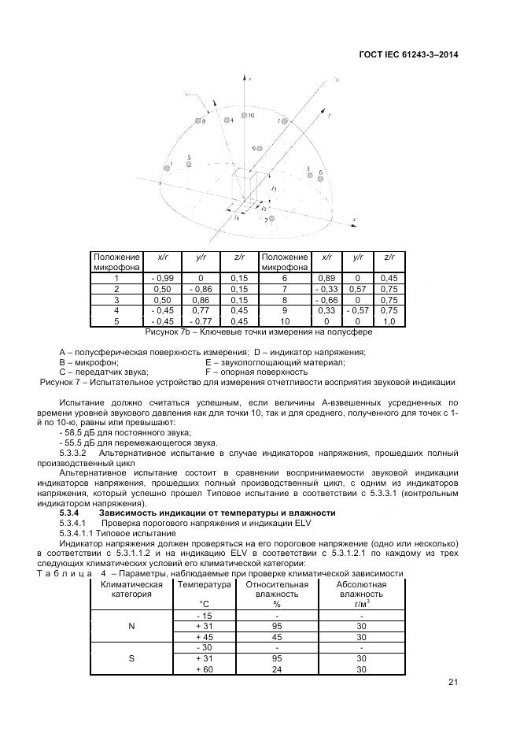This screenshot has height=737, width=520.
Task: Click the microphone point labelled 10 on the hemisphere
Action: (243, 116)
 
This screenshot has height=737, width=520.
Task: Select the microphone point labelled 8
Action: (197, 120)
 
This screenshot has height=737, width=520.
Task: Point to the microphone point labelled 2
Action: (271, 219)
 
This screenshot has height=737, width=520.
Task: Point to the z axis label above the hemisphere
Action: (249, 80)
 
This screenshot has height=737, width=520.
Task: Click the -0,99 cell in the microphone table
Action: (160, 278)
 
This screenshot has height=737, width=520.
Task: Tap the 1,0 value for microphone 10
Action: (389, 321)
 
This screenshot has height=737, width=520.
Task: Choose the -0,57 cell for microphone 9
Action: (358, 310)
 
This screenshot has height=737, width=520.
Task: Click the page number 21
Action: (452, 682)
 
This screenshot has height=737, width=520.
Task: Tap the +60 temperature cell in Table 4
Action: (204, 668)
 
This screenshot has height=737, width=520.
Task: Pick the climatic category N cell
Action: (131, 626)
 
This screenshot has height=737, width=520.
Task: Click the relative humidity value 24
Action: (277, 668)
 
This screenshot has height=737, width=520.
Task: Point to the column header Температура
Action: (204, 585)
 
